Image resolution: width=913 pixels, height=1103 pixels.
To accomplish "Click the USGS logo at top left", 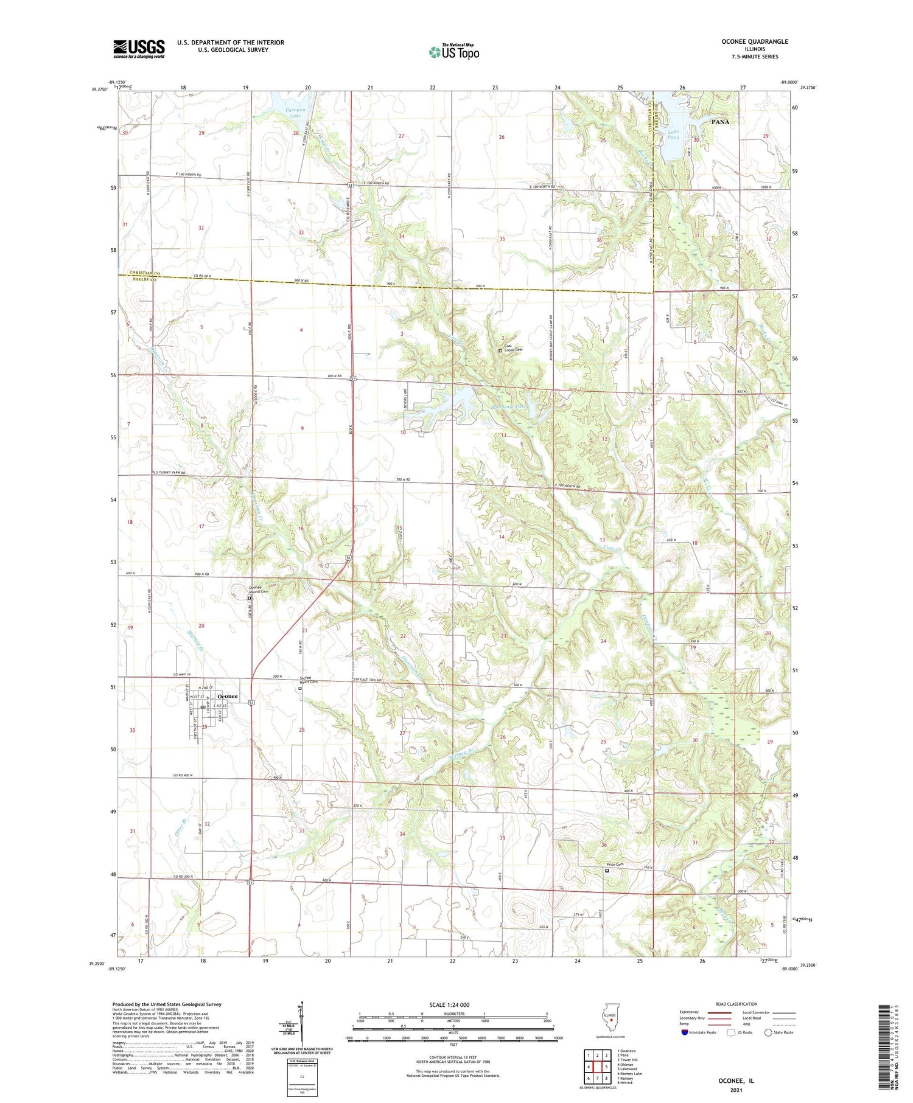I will pos(139,49).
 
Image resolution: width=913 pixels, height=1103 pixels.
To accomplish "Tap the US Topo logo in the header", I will pos(454,52).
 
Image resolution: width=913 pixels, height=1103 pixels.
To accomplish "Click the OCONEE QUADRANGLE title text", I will pos(754,41).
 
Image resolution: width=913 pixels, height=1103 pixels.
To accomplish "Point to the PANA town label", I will pos(720,122).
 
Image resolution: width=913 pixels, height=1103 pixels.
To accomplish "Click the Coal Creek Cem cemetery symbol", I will pos(500,350).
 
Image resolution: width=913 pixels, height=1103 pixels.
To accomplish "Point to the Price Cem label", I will pos(615,865).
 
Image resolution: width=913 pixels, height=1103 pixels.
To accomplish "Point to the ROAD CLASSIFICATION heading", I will pos(736,1004).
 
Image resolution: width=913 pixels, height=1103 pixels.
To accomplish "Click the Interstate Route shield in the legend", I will pos(685,1032).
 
